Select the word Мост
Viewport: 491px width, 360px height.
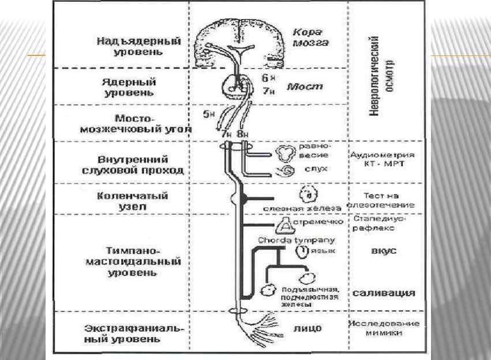point(305,87)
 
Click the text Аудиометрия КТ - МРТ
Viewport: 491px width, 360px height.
point(383,161)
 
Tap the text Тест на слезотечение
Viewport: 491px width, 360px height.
point(381,200)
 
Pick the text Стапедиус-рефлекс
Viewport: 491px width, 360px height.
point(381,224)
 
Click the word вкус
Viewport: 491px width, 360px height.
point(383,252)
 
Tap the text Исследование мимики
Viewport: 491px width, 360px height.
point(383,328)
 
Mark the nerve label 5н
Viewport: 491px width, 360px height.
point(209,114)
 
